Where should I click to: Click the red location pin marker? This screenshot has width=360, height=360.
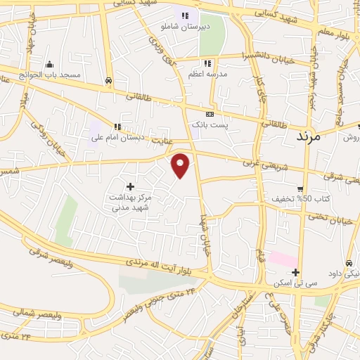181,165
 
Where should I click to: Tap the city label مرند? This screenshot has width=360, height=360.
304,135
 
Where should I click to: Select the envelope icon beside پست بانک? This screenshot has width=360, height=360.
210,114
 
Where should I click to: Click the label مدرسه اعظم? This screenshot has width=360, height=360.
209,73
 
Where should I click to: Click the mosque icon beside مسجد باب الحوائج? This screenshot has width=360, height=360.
49,64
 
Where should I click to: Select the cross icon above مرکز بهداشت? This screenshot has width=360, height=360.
130,167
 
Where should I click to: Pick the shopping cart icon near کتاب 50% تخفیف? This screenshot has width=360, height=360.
300,188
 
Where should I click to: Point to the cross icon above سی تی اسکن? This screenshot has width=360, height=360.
295,273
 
